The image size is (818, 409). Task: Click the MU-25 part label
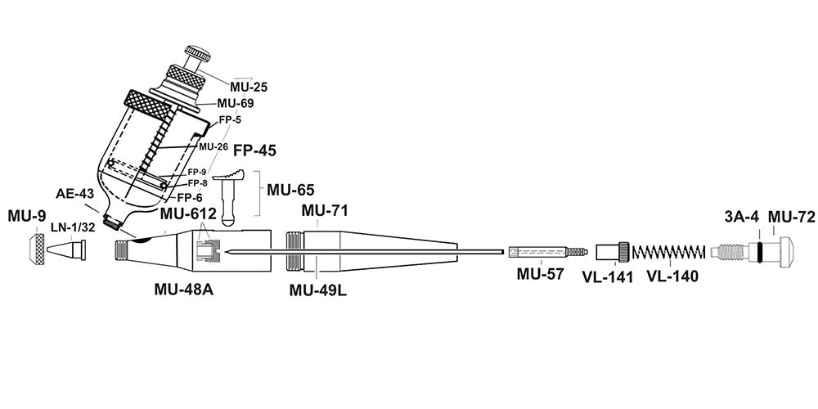pos(249,85)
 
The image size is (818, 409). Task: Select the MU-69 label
pos(236,104)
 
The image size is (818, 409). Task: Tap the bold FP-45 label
pos(255,151)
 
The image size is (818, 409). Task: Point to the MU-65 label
pos(290,191)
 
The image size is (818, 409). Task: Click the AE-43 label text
pos(74,195)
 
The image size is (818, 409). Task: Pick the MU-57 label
pos(540,275)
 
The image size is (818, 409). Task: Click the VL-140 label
pos(673,276)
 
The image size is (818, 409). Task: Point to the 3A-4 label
pos(742,217)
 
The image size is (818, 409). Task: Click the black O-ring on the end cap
pos(761,249)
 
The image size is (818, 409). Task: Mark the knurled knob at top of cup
pos(196,56)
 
